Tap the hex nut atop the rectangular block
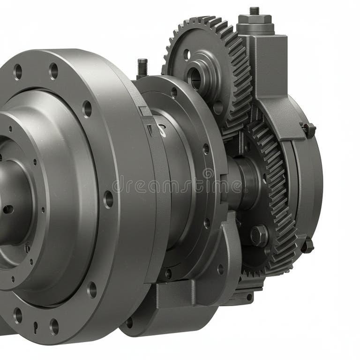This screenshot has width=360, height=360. click(255, 20)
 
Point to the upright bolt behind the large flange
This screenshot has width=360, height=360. click(142, 67)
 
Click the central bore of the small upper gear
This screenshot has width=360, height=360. click(194, 78)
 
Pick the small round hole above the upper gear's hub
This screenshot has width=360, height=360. click(187, 54)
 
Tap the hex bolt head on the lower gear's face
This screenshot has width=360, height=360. click(259, 235)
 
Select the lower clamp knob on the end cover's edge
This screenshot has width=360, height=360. click(307, 245)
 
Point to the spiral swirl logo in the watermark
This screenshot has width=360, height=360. click(208, 174)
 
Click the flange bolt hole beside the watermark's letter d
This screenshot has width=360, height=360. click(108, 199)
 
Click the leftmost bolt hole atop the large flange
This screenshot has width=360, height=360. click(18, 72)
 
